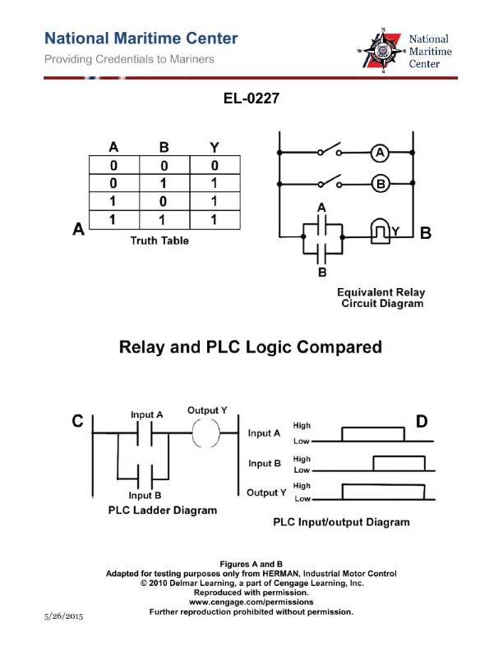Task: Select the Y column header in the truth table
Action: tap(214, 148)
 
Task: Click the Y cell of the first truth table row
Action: tap(214, 166)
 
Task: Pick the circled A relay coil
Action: tap(379, 153)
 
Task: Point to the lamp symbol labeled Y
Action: tap(380, 232)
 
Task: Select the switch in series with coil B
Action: tap(329, 184)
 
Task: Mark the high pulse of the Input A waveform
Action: tap(372, 434)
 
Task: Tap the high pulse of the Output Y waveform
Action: tap(384, 492)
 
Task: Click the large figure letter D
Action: tap(421, 422)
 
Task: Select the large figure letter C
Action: tap(77, 422)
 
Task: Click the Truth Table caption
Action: tap(159, 240)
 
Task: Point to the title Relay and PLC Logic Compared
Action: tap(251, 347)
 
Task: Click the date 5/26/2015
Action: tap(62, 615)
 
